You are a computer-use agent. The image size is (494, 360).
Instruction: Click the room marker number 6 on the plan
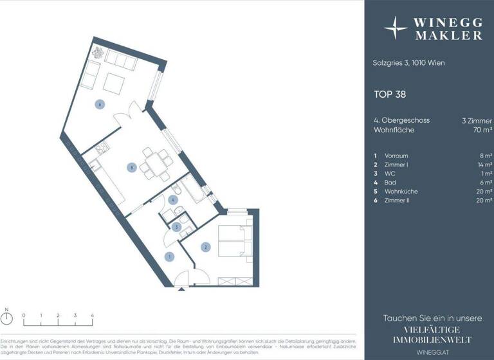[99, 105]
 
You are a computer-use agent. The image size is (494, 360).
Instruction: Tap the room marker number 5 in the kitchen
[131, 168]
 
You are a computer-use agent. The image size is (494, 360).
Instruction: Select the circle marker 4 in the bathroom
[172, 200]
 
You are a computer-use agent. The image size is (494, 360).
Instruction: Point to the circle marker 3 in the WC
[176, 226]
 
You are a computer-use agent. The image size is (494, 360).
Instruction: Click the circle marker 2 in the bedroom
[205, 247]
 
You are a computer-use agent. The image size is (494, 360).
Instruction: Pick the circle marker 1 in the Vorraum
[170, 257]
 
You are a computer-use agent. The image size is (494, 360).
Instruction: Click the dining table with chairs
[154, 164]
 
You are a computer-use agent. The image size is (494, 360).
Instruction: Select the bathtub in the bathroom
[192, 190]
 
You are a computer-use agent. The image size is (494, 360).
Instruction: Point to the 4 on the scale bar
[92, 316]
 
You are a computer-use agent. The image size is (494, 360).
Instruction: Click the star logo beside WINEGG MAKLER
[396, 28]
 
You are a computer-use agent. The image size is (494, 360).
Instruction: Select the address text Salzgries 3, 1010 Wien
[408, 63]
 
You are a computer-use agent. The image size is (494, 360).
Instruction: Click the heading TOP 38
[390, 94]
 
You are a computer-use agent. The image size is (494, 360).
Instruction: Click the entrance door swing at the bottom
[192, 278]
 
